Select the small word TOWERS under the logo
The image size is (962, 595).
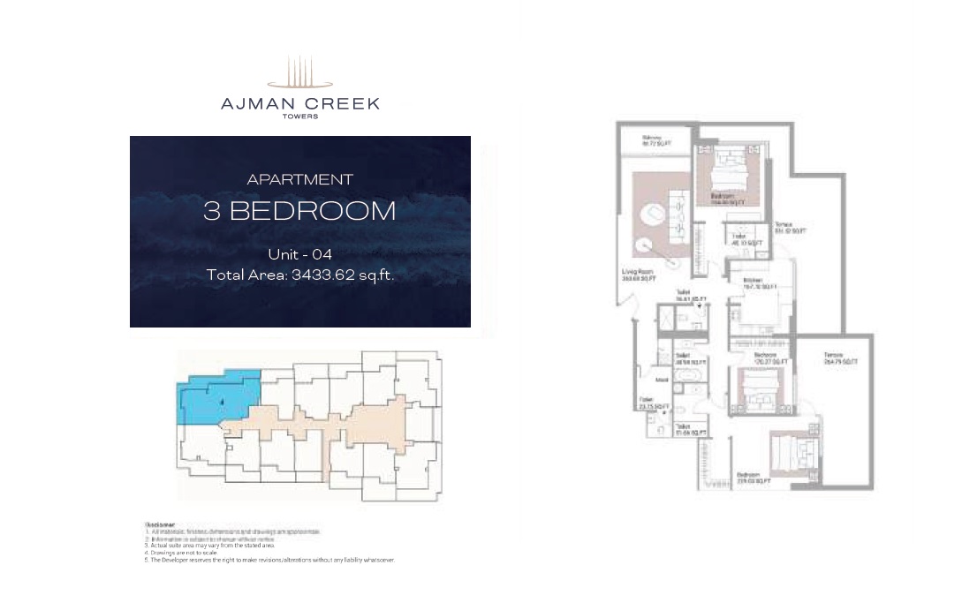pos(300,117)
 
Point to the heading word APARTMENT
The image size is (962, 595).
pos(300,179)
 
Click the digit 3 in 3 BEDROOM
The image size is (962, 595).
pos(211,211)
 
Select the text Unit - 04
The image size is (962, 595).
pos(299,254)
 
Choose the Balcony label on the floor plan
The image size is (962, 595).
pos(653,139)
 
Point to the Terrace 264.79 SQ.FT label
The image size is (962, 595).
pos(835,359)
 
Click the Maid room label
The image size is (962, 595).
pos(660,380)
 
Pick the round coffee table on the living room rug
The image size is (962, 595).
pos(655,215)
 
